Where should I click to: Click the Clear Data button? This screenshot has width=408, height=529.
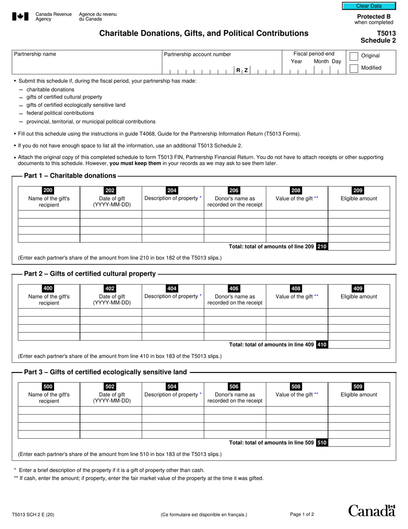point(368,6)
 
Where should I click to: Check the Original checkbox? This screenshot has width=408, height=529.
point(354,56)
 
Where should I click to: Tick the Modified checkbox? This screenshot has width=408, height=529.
point(354,68)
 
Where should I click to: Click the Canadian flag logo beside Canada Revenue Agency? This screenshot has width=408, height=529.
point(20,17)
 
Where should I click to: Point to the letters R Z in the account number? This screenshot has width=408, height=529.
point(242,70)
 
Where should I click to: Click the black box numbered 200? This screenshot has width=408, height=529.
point(49,191)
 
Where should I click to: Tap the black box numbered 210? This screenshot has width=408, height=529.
point(322,246)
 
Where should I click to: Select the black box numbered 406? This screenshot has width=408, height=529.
point(234,289)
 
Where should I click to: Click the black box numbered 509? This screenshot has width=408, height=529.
point(358,387)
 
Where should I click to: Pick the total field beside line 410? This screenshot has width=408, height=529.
point(359,344)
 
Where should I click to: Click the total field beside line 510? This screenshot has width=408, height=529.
point(359,443)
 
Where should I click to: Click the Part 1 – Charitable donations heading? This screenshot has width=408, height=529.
point(70,175)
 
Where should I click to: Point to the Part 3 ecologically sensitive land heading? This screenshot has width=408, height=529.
point(106,372)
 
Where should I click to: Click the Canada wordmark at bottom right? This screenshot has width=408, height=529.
point(371,511)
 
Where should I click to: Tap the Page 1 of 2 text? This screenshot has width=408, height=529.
point(302,514)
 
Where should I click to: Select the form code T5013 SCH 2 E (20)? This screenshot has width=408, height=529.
point(33,514)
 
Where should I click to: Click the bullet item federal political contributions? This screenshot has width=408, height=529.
point(60,113)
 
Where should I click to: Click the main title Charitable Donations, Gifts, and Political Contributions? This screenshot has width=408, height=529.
point(204,33)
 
